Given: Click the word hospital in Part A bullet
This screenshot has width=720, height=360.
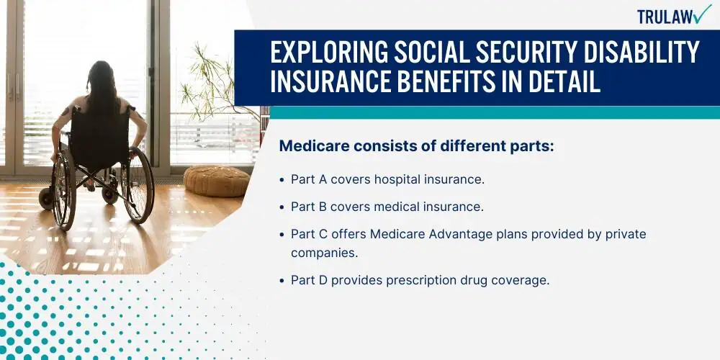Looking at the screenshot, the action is [x=395, y=179].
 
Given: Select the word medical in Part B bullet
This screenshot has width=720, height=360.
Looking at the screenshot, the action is [x=395, y=207].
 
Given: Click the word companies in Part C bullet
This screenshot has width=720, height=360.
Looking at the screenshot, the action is [x=324, y=253].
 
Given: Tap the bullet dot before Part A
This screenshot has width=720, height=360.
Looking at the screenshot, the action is [x=282, y=180].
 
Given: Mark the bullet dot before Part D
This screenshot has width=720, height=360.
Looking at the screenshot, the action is [x=282, y=281].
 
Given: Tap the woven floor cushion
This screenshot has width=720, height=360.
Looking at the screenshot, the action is [x=217, y=181].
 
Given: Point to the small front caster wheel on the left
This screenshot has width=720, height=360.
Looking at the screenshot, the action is [x=46, y=198].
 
